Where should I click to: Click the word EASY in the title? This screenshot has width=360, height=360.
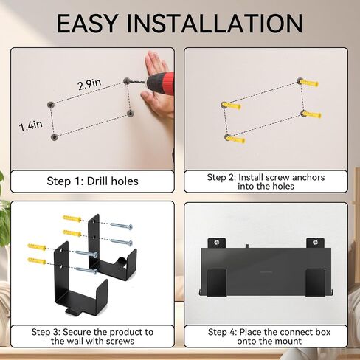click(x=87, y=24)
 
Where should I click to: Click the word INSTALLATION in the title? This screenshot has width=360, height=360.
click(x=215, y=24)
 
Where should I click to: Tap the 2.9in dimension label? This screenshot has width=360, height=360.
click(x=89, y=84)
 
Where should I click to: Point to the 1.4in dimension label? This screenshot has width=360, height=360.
click(x=31, y=125)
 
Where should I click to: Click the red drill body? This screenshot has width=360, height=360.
click(x=161, y=83)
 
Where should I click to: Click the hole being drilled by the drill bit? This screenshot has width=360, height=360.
click(x=126, y=80)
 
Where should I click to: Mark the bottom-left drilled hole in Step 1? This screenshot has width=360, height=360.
click(x=54, y=136)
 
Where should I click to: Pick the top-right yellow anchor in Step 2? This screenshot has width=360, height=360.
click(x=308, y=83)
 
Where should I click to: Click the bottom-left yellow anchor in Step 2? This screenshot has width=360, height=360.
click(x=235, y=139)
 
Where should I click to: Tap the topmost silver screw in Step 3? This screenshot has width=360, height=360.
click(x=121, y=226)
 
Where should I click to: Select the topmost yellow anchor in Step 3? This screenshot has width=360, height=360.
click(x=72, y=218)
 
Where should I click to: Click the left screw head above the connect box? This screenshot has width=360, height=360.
click(x=217, y=242)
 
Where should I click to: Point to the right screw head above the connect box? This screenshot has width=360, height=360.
click(x=315, y=243)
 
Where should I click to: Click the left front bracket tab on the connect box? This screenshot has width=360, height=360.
click(x=217, y=283)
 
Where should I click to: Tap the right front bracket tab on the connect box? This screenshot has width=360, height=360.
click(x=315, y=283)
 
